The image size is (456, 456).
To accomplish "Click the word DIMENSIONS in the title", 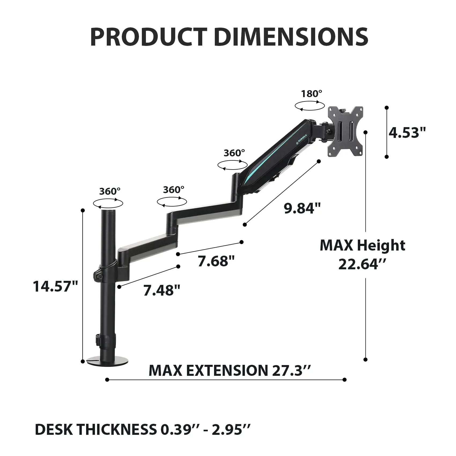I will click(291, 37).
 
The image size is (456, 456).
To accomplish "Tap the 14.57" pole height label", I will click(55, 286).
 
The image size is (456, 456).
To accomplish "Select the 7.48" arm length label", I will click(162, 290).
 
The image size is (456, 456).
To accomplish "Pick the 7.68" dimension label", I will click(216, 261).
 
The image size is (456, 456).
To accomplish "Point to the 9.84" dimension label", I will click(302, 208).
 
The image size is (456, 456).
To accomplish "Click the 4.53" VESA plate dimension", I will click(407, 133).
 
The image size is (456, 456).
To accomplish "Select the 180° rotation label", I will click(311, 94).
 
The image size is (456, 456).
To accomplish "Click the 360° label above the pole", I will click(110, 191).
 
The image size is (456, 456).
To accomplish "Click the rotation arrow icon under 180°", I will click(309, 106).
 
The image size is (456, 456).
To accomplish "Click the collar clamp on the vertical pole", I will click(105, 272).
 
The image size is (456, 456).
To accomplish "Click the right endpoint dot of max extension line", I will click(344, 380).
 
